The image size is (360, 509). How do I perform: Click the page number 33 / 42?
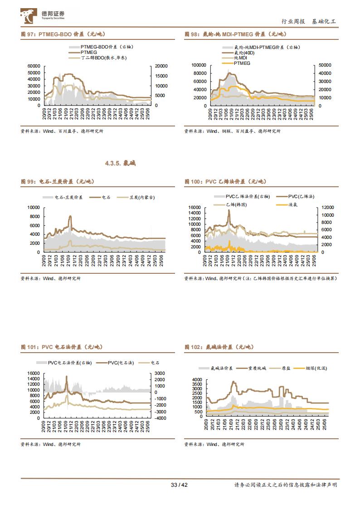[180, 485]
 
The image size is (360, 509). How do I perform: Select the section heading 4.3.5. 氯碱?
[120, 163]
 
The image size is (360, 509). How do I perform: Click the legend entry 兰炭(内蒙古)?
[141, 198]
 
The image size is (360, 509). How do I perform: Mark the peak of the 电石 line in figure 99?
[70, 217]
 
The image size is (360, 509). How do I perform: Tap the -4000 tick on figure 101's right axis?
[161, 418]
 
